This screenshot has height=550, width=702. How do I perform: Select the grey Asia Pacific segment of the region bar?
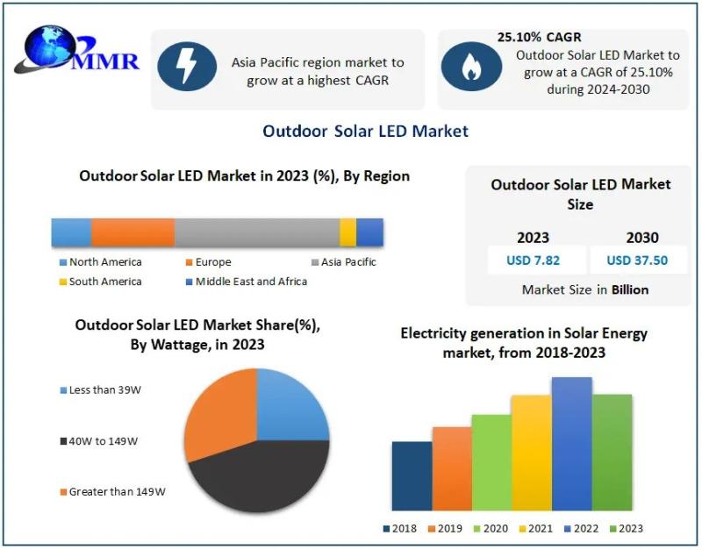point(256,232)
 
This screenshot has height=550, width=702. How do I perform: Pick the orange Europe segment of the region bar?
point(133,232)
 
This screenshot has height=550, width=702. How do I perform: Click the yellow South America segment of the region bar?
point(347,232)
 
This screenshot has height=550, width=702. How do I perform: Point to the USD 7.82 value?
point(534,260)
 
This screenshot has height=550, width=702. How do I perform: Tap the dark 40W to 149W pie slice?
point(259,478)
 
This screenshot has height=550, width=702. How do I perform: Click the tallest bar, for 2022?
point(571,443)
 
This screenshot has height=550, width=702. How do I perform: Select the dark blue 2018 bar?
point(412,475)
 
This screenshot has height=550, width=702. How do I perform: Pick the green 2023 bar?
point(612,452)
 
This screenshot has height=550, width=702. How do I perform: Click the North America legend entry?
point(101,262)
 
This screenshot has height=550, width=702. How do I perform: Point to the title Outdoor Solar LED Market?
point(365,131)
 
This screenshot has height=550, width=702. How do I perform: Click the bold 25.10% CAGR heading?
point(539,37)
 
